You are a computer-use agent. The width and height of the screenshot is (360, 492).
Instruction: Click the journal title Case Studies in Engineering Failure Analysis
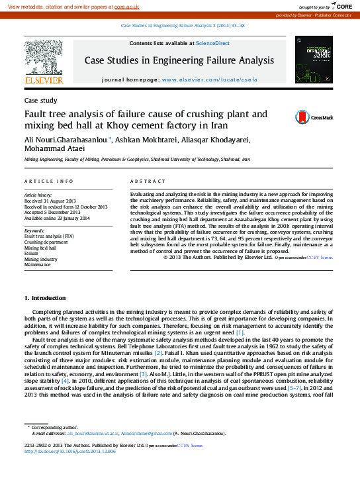[x=179, y=61]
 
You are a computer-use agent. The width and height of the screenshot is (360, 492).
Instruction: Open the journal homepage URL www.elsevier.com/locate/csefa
[x=208, y=79]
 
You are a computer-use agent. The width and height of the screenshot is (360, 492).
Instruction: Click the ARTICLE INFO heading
[x=49, y=181]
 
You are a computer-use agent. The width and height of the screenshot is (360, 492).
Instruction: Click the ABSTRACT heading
[x=148, y=181]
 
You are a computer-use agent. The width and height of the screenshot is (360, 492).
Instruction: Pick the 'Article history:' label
[x=38, y=196]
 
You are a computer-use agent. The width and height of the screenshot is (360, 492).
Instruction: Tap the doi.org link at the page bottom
[x=70, y=452]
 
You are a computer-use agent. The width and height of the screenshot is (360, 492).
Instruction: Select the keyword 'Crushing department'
[x=46, y=242]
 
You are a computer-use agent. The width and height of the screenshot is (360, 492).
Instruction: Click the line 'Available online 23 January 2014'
[x=56, y=218]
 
